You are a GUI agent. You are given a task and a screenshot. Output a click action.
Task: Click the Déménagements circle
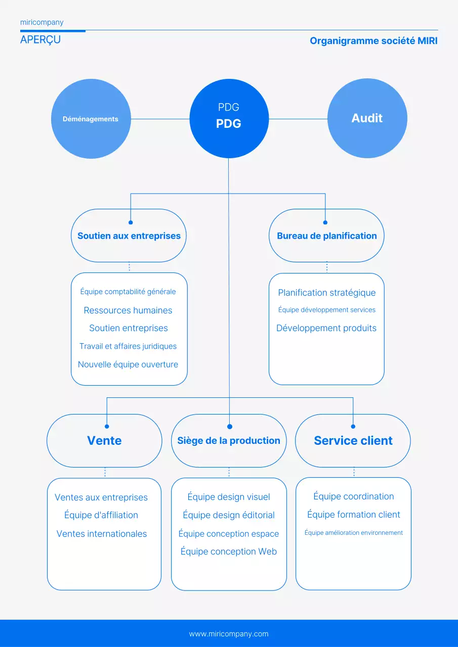pos(91,119)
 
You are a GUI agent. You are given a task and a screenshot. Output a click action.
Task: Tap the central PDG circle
pos(229,118)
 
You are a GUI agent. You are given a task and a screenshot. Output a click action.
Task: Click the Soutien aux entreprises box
pos(129,236)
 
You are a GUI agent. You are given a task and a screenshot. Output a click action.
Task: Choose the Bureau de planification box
pos(326,236)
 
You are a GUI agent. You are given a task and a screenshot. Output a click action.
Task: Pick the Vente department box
pos(104,440)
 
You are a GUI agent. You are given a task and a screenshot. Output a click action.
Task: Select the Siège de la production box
pos(229,440)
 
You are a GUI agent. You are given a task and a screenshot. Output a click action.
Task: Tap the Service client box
pos(353,440)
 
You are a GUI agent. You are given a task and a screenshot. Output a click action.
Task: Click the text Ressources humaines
pos(128,310)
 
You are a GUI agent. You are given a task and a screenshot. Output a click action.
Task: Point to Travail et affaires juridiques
pos(128,346)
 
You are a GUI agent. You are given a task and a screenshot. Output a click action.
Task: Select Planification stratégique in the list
pos(326,293)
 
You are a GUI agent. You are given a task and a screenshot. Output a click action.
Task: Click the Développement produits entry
pos(326,328)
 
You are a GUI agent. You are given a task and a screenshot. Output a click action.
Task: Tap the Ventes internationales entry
pos(102,534)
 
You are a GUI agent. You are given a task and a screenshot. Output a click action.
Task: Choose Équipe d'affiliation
pos(101,515)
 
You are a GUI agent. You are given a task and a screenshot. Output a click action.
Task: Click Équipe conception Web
pos(229,551)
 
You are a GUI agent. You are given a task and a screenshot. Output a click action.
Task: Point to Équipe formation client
pos(353,515)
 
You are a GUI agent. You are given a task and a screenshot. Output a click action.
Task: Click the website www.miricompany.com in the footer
pos(229,634)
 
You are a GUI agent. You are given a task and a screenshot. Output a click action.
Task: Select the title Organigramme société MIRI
pos(373,41)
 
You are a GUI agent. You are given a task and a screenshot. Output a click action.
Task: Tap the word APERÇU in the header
pos(40,40)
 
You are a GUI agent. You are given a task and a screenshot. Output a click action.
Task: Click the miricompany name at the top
pos(42,22)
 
